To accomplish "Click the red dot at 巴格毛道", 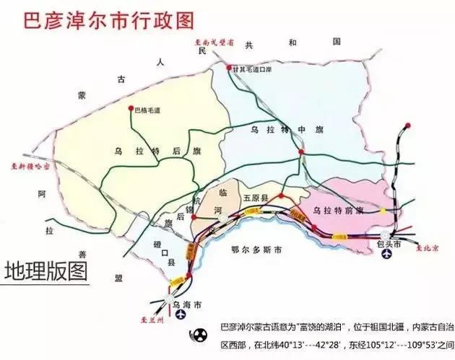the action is (x=131, y=109).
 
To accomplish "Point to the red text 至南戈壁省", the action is (x=215, y=43).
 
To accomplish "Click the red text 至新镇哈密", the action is (x=30, y=165).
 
